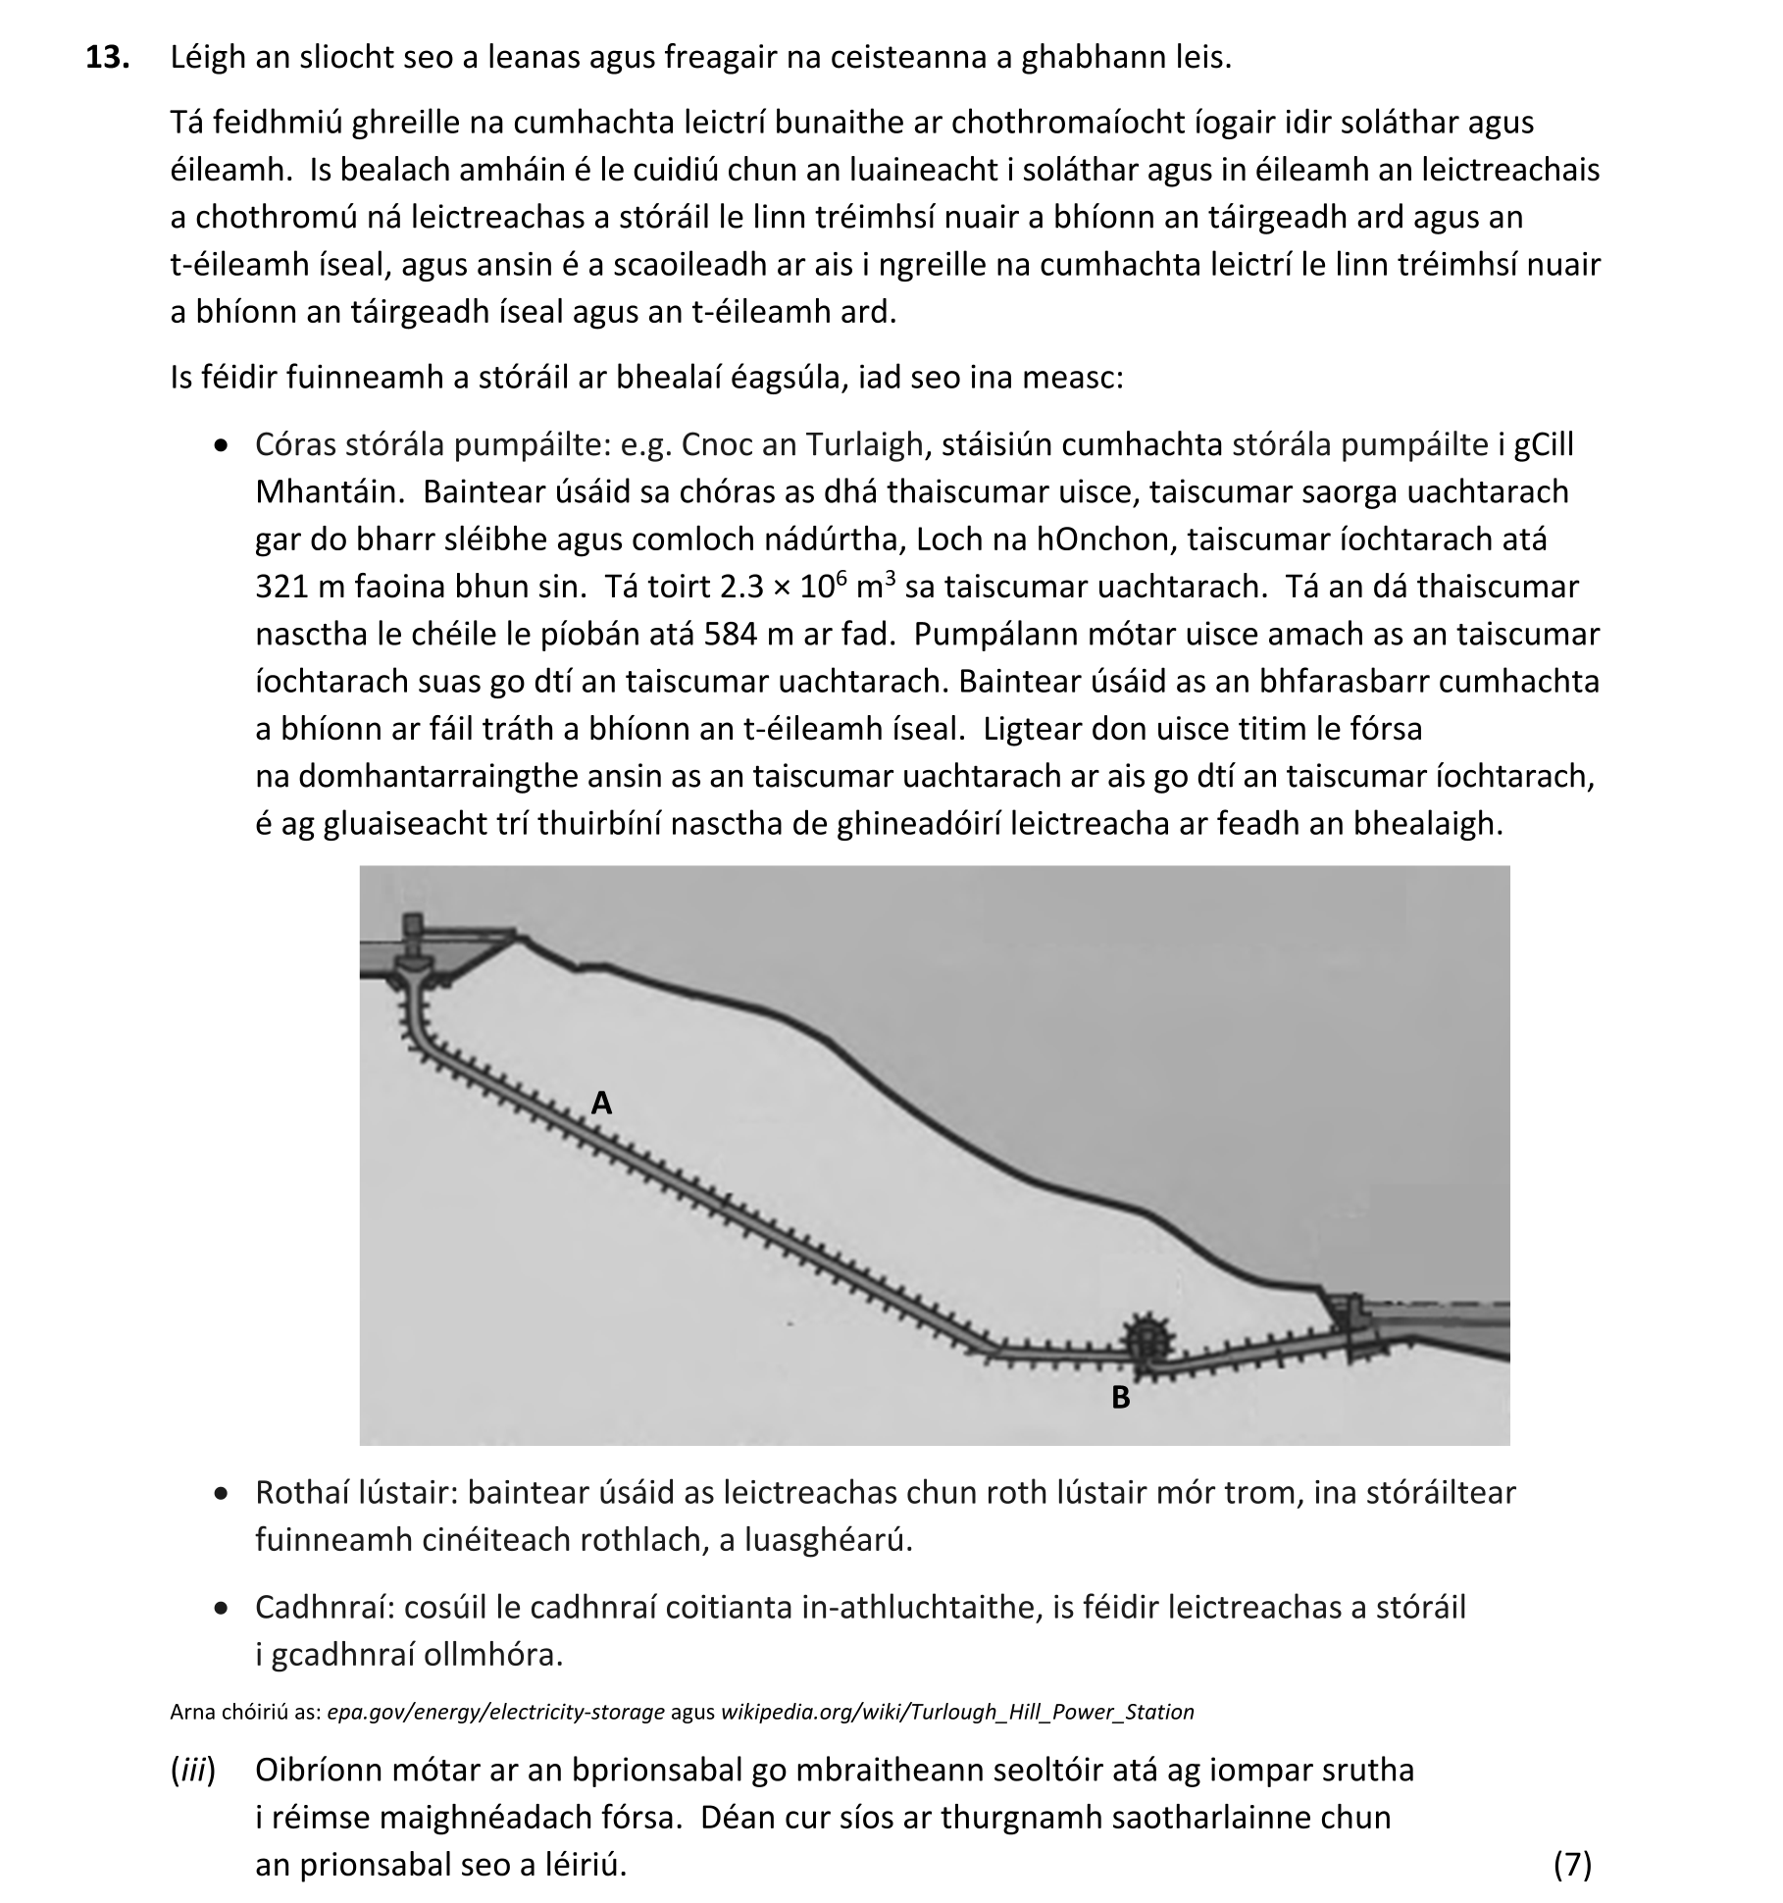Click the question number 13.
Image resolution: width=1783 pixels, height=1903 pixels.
point(107,58)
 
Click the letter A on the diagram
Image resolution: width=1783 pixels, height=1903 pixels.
point(601,1104)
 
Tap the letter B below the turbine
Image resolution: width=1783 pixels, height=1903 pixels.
point(1120,1398)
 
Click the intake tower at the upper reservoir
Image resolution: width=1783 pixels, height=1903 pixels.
point(414,942)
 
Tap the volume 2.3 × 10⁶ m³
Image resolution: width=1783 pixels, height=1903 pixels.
point(808,587)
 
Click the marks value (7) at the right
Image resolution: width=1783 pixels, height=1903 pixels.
point(1572,1864)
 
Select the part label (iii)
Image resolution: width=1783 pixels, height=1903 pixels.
point(193,1770)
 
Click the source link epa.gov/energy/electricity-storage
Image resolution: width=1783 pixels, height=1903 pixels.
point(495,1712)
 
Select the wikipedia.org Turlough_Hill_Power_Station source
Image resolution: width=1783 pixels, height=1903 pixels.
point(957,1712)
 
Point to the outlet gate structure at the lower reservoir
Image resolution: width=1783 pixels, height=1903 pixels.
point(1350,1320)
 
